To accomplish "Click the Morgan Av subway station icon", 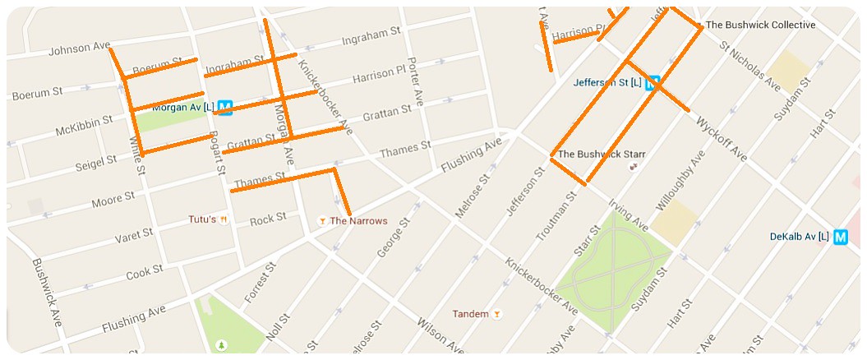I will point(226,106).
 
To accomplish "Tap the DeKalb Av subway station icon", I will point(841,237).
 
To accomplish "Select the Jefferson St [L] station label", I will point(608,83).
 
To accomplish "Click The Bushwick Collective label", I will point(760,25).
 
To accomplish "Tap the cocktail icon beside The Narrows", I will point(322,220).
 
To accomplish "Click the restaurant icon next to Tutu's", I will point(223,219).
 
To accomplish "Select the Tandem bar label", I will point(471,314).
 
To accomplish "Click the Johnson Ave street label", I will point(79,48).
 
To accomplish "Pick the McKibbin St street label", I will point(83,127).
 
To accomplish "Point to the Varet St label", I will point(135,237).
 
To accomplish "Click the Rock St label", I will point(268,219).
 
